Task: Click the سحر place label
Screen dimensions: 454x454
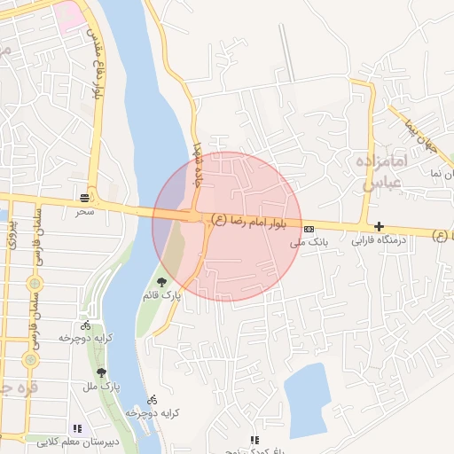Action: [84, 211]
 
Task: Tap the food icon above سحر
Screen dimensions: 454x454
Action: [84, 197]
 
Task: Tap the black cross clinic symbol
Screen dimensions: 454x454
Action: [380, 227]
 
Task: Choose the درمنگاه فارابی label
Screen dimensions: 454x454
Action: [379, 239]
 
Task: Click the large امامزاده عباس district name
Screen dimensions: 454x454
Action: [383, 172]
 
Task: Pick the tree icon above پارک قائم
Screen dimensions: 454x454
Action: [160, 282]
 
